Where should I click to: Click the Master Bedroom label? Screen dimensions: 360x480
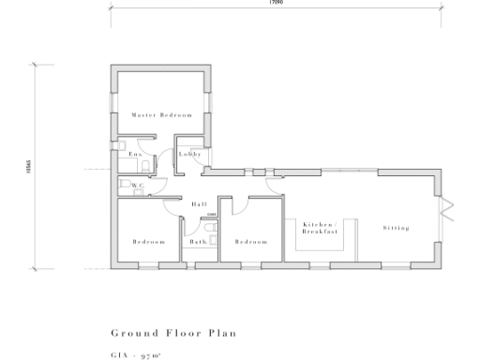point(162,115)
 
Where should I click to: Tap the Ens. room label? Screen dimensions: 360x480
point(134,154)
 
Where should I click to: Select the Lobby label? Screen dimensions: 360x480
point(190,154)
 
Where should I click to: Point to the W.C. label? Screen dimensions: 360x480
point(138,186)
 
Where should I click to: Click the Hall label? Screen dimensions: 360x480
point(199,204)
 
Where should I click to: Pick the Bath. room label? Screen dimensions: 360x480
point(197,242)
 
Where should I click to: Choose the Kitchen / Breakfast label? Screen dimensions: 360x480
point(319,228)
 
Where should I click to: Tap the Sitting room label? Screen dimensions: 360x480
point(397,228)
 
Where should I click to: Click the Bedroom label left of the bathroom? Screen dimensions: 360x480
point(148,242)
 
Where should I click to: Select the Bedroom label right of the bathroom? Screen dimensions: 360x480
point(251,242)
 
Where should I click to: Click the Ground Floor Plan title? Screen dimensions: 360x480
point(173,333)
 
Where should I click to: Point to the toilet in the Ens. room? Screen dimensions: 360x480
point(150,162)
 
